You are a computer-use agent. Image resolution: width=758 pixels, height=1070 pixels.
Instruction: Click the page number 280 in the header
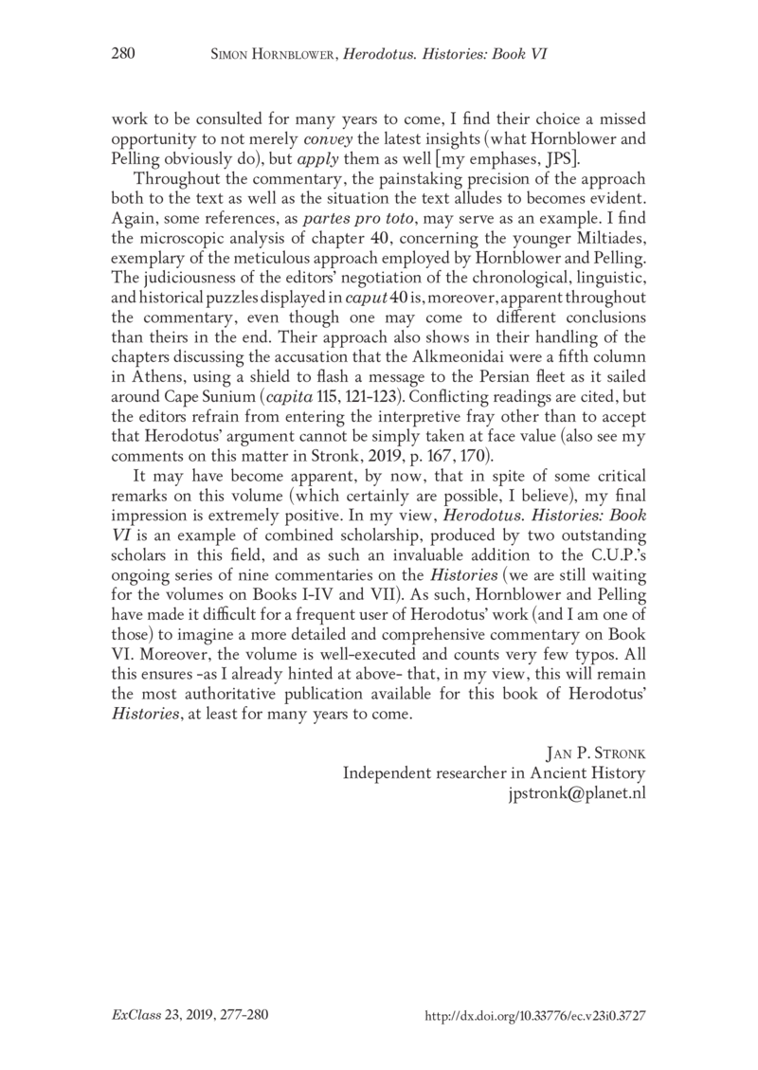pos(123,55)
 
